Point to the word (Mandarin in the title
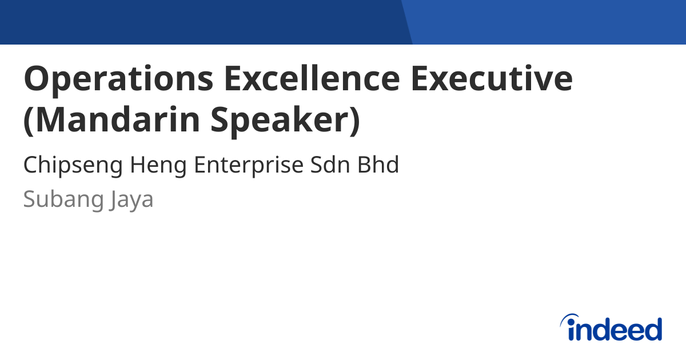[x=109, y=120]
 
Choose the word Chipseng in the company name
[x=73, y=166]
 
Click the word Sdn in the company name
[x=330, y=166]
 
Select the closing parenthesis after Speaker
[x=355, y=120]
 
